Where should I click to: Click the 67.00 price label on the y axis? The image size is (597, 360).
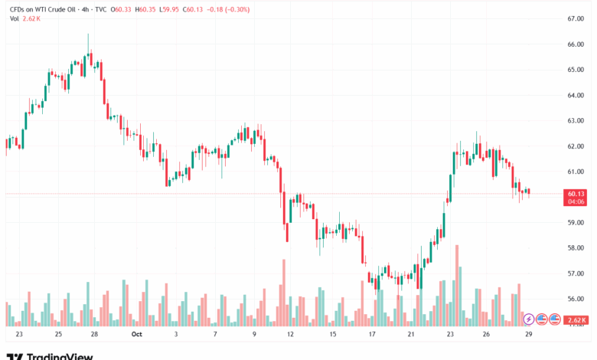[576, 18]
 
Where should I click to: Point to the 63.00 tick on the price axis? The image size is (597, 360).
[576, 121]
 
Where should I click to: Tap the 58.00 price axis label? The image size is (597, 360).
[576, 248]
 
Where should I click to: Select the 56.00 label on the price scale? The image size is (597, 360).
[576, 299]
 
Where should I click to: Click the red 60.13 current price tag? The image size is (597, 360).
[576, 195]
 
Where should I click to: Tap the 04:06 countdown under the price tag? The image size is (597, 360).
[576, 203]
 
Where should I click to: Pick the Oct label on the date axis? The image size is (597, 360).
[137, 334]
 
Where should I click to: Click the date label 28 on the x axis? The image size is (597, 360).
[94, 334]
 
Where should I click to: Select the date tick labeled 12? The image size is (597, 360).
[290, 334]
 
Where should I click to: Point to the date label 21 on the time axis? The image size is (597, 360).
[410, 334]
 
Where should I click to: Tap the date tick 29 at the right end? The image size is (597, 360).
[527, 334]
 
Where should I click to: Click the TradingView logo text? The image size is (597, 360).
[60, 356]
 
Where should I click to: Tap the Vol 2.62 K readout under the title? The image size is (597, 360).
[26, 20]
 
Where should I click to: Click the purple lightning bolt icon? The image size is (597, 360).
[528, 319]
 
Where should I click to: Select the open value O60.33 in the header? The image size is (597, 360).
[119, 8]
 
